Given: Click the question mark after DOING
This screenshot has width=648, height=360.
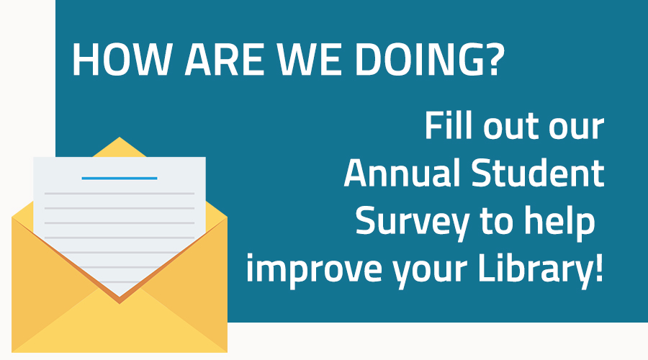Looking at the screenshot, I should (x=492, y=61).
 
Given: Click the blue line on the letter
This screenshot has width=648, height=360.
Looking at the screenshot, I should (x=120, y=177).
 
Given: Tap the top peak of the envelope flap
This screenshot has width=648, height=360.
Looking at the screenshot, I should (x=120, y=139).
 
